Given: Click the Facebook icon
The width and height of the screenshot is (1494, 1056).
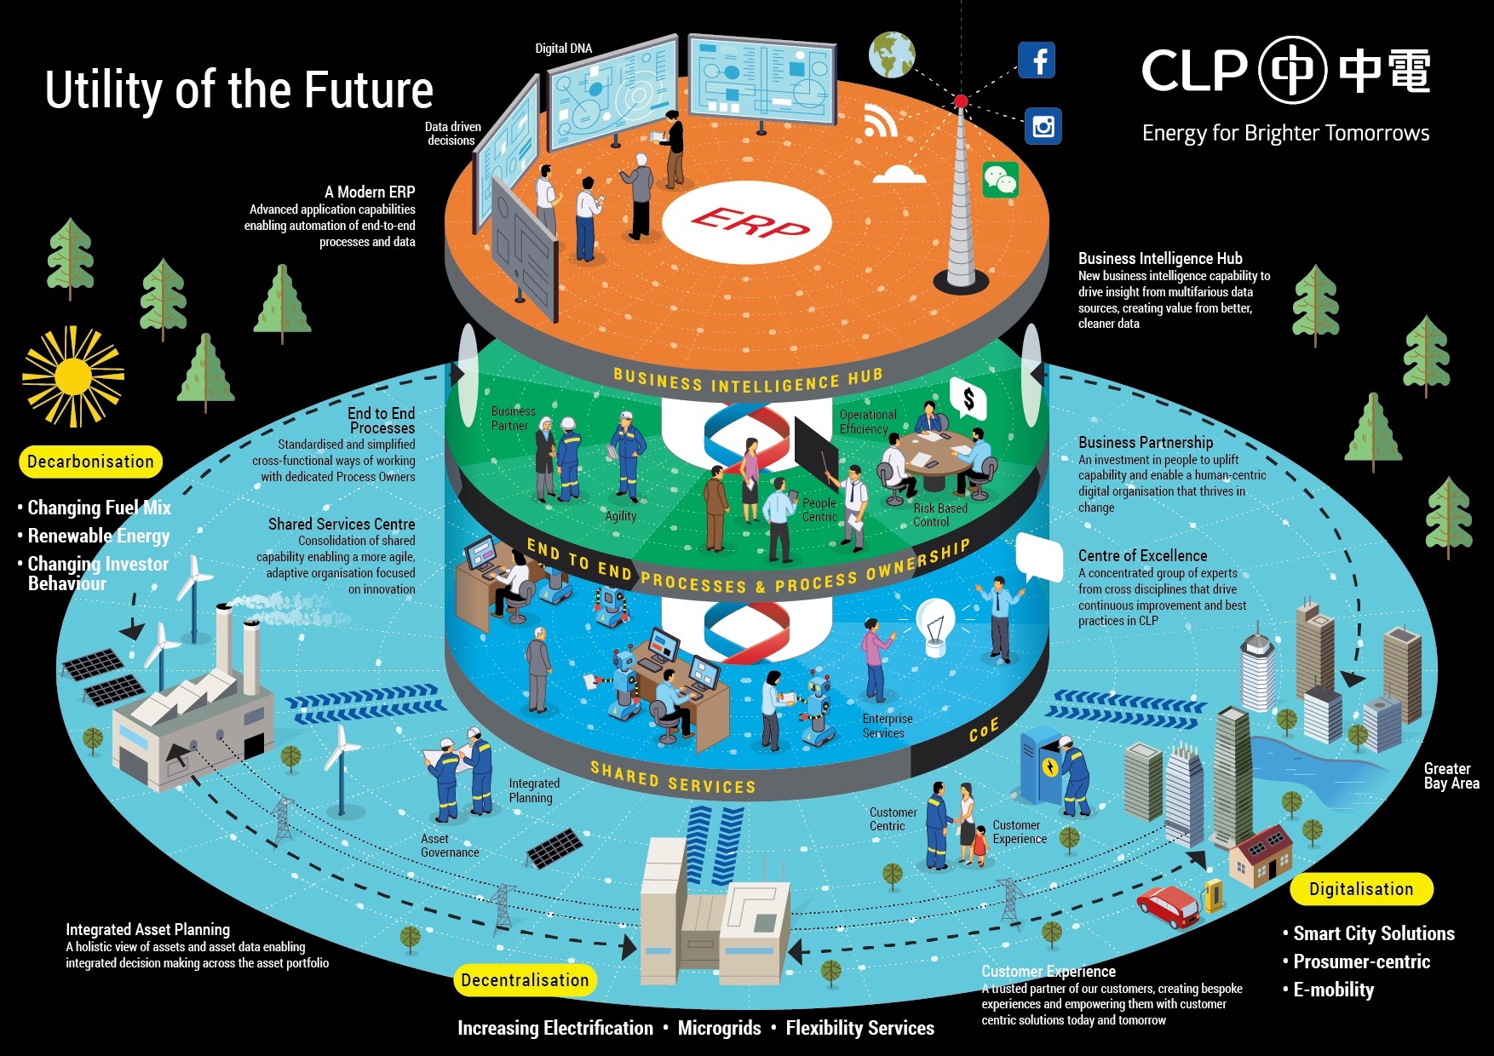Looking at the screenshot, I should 1037,60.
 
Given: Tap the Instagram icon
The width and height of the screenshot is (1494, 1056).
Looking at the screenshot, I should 1043,127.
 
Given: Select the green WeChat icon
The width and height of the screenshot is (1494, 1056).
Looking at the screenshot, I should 1001,180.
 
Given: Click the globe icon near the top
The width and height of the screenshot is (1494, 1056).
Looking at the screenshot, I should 892,55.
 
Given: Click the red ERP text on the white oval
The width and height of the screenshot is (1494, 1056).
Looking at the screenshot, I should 748,223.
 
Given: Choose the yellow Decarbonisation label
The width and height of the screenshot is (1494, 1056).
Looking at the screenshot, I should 90,462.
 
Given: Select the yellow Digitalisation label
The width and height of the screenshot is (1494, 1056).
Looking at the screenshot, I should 1361,889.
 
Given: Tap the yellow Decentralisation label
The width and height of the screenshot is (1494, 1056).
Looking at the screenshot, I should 525,980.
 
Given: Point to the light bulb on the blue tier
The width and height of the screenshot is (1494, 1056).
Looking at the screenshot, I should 935,627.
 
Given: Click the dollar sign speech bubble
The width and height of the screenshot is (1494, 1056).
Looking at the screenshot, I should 968,399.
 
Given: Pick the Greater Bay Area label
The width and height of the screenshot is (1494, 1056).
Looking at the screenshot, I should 1451,776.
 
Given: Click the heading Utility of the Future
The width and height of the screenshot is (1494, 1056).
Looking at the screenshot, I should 239,90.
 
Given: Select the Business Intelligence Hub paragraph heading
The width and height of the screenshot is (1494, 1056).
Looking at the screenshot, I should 1160,258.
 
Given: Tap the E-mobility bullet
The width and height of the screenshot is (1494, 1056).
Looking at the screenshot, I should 1333,990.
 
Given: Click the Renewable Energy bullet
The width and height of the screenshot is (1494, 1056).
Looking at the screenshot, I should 99,536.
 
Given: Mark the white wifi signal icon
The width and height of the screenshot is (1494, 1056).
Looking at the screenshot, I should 880,122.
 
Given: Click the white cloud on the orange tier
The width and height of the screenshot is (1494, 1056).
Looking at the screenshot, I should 899,174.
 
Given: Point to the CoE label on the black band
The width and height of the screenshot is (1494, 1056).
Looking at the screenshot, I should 983,730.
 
